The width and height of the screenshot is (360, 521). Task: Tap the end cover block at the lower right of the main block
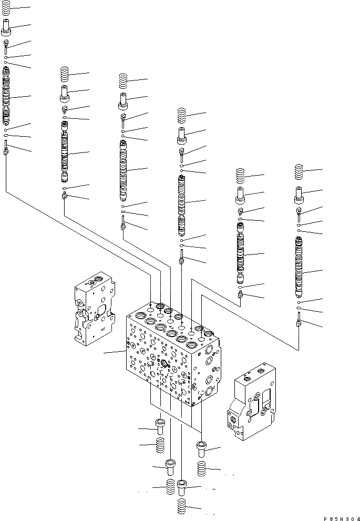click(x=251, y=401)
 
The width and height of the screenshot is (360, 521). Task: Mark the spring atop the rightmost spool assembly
click(x=298, y=171)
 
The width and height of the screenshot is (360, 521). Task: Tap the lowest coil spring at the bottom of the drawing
click(x=181, y=507)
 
